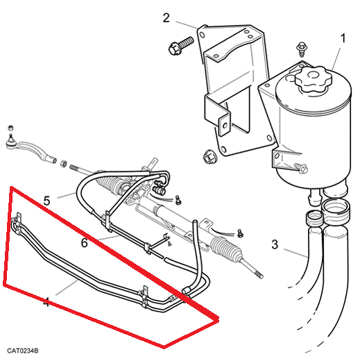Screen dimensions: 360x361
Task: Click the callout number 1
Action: [x=343, y=38]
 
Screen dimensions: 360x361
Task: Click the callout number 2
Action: [x=166, y=18]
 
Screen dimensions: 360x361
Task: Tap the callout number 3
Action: [x=275, y=244]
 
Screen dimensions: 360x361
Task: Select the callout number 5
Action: [x=46, y=201]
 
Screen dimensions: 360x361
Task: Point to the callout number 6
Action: [x=85, y=243]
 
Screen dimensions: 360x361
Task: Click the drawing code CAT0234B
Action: [x=23, y=351]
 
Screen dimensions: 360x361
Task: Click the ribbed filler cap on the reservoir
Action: [x=314, y=79]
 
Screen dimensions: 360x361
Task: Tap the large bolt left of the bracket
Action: [x=181, y=46]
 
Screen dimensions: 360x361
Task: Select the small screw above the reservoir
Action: [x=302, y=49]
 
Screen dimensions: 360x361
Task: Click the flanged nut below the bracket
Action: [x=209, y=158]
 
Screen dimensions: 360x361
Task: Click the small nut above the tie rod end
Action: [x=10, y=128]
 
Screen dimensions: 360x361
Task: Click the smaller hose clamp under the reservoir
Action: [x=314, y=218]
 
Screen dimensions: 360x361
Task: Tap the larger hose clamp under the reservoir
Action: [x=336, y=212]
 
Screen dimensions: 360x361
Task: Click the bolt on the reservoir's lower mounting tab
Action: [x=301, y=168]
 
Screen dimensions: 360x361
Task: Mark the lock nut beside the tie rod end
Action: [x=64, y=164]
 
